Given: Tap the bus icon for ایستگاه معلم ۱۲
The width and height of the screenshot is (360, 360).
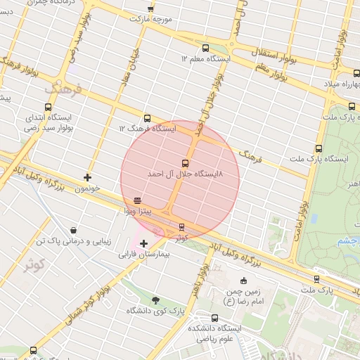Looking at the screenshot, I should (205, 49).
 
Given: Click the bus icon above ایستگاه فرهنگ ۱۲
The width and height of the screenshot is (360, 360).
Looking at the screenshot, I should (147, 118).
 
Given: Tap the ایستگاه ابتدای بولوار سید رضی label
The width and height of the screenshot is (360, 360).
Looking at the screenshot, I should (49, 122).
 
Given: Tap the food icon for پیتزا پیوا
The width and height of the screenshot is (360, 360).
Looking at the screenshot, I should (136, 200).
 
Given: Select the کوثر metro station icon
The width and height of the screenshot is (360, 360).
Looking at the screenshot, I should (182, 227).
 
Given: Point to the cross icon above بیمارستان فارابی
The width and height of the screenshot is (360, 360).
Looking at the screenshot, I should (144, 243).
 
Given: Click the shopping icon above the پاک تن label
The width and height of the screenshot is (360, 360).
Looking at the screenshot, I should (74, 230).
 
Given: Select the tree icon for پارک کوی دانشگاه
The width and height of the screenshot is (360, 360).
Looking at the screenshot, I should (155, 300).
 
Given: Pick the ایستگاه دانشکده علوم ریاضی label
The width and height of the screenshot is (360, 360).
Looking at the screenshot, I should (215, 333).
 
